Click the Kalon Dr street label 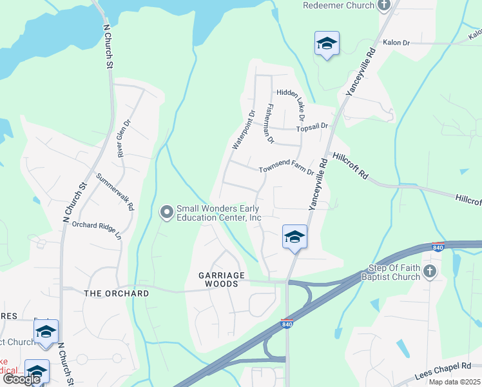pos(396,43)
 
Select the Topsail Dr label pos(313,128)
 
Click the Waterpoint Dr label pos(244,129)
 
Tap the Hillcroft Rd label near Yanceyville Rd pos(351,165)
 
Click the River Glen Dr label pos(124,138)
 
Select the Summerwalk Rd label pos(115,192)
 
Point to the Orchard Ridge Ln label pos(97,230)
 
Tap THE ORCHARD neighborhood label pos(117,293)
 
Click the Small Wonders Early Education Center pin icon pos(167,212)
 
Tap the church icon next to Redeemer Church pos(384,6)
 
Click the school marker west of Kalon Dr pos(327,44)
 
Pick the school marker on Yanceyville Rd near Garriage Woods pos(294,237)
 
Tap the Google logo pos(21,379)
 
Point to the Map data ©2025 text pos(454,382)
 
